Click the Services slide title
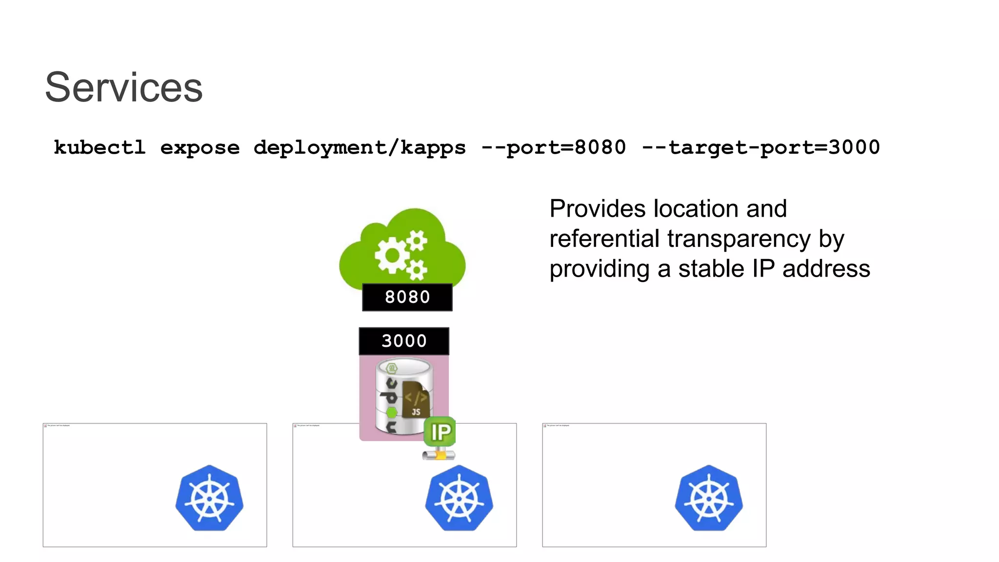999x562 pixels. (x=123, y=87)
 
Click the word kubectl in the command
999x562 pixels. (x=100, y=147)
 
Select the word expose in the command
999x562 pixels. (x=200, y=147)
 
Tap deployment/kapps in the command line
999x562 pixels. (x=360, y=147)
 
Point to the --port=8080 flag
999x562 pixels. (x=553, y=147)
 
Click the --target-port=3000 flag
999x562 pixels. (x=761, y=147)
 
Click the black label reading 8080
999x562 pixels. (x=407, y=297)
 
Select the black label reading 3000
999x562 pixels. (x=404, y=341)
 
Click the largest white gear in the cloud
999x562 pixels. (x=391, y=255)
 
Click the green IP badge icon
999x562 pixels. (x=440, y=432)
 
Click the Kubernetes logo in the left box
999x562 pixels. (x=209, y=498)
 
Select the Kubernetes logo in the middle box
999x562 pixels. (x=459, y=498)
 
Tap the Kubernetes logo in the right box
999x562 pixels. (x=709, y=498)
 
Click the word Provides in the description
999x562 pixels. (x=598, y=209)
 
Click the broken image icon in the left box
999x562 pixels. (x=45, y=426)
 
